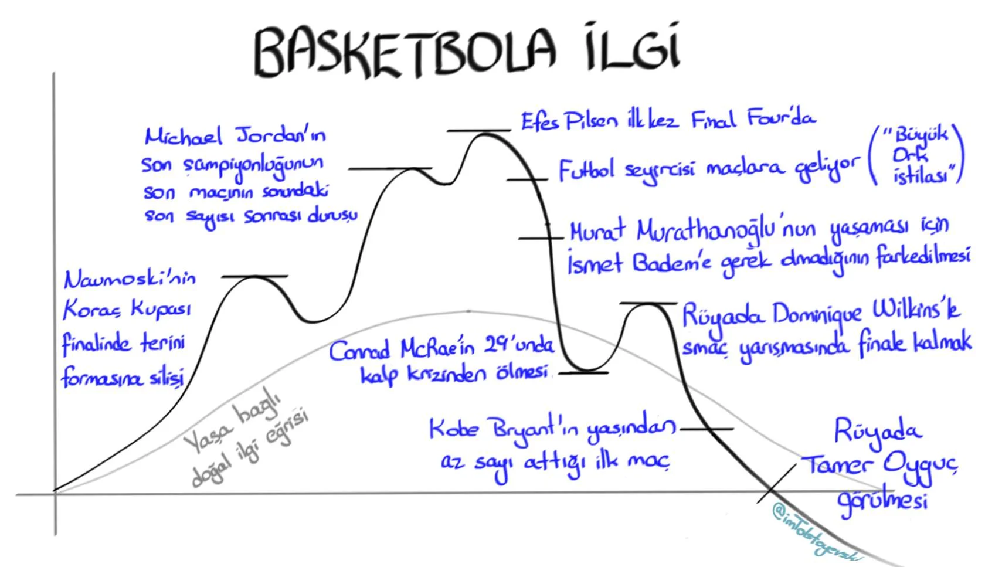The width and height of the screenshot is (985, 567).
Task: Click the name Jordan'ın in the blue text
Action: pos(281,136)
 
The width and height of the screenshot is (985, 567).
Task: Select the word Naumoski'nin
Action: pos(130,279)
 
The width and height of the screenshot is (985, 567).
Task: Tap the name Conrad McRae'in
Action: pos(403,350)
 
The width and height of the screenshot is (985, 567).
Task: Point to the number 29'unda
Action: pos(518,346)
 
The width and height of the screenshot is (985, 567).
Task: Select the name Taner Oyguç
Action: pos(880,466)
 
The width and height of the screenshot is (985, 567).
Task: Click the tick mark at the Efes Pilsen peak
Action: pos(478,130)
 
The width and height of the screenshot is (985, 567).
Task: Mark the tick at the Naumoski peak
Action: pos(255,276)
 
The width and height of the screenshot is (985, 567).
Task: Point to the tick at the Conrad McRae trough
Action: pos(583,372)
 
